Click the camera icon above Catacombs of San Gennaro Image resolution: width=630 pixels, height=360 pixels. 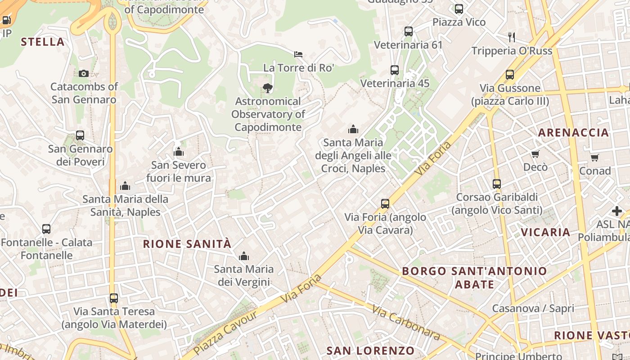coord(84,73)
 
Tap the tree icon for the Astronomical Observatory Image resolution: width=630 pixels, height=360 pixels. coord(268,88)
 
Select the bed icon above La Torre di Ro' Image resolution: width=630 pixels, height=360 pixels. coord(298,54)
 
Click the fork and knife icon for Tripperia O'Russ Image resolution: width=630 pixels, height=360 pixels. coord(511,36)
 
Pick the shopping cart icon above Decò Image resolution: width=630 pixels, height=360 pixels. coord(535,154)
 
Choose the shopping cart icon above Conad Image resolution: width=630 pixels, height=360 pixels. coord(595,157)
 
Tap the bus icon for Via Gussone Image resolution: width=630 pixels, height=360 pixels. coord(510,75)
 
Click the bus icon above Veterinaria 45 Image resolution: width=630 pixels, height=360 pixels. coord(395,70)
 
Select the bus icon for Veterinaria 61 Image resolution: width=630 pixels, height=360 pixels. coord(409,31)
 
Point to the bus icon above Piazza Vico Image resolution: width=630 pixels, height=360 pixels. coord(459,9)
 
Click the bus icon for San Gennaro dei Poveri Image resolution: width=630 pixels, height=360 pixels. coord(80,135)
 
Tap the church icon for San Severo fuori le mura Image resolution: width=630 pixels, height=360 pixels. coord(179,152)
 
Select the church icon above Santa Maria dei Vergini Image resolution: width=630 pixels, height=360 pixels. coord(244,256)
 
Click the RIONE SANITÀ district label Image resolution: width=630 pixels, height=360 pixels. coord(187,244)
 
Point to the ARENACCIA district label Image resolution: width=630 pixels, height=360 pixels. coord(573,132)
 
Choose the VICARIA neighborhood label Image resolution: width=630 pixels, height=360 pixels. coord(545,232)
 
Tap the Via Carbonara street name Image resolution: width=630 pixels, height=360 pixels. coord(406,322)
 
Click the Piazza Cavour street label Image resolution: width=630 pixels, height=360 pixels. coord(225,333)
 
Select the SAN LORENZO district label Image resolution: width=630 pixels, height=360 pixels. coord(370,351)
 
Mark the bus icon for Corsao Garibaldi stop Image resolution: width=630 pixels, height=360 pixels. coord(497,184)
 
